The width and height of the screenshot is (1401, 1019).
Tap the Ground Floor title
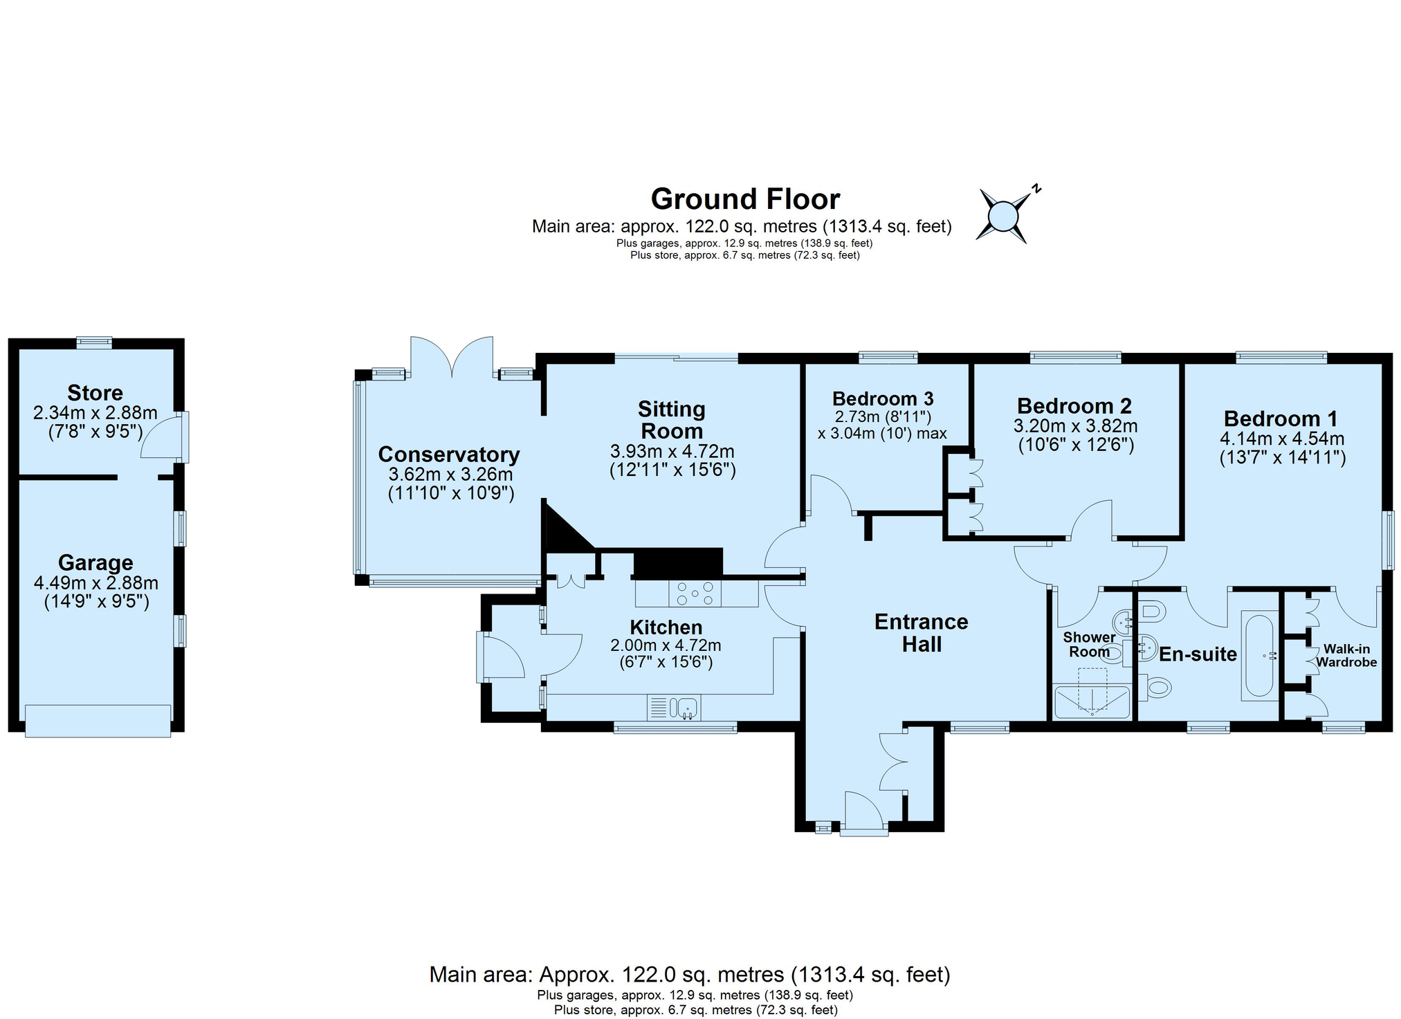(x=745, y=199)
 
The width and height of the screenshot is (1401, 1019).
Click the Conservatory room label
(x=449, y=455)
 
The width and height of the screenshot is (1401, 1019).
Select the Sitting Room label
(x=672, y=420)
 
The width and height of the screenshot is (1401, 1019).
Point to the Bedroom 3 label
(x=883, y=398)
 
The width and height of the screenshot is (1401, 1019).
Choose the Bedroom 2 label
(x=1074, y=405)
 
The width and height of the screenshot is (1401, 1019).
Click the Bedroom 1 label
(x=1281, y=419)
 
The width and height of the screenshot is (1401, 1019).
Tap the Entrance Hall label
(x=922, y=633)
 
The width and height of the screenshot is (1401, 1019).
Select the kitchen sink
(x=674, y=708)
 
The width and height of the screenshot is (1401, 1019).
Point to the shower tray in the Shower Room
(x=1092, y=701)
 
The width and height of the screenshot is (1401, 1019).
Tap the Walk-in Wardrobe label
(x=1346, y=656)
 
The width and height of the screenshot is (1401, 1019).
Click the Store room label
(x=95, y=393)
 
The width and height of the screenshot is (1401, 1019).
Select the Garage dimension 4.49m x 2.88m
(x=96, y=583)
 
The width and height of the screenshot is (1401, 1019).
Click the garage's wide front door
(x=98, y=720)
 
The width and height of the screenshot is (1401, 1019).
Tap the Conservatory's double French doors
(x=452, y=357)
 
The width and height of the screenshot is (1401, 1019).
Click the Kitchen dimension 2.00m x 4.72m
(x=666, y=645)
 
